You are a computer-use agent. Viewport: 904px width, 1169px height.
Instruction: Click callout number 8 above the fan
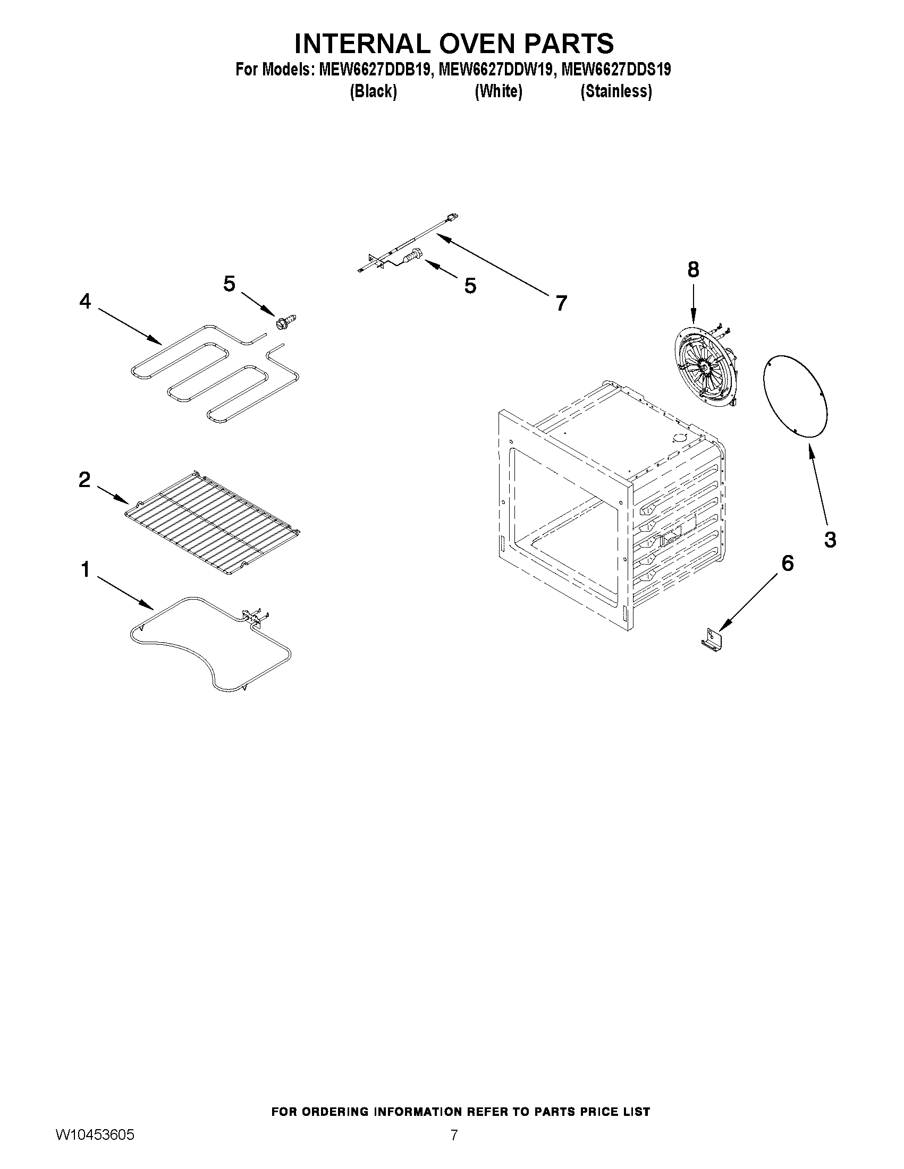(693, 270)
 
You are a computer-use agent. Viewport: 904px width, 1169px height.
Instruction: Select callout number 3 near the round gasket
(830, 540)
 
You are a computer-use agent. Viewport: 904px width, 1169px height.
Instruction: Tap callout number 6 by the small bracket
(787, 563)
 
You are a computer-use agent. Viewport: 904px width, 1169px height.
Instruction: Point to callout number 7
(561, 303)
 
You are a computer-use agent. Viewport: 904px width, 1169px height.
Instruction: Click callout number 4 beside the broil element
(85, 302)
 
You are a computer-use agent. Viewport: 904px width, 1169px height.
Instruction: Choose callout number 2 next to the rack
(85, 480)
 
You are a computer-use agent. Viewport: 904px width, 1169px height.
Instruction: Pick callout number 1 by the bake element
(85, 570)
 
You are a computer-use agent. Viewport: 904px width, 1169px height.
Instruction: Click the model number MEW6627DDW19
(495, 70)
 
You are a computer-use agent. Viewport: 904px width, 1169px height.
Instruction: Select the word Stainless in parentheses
(616, 92)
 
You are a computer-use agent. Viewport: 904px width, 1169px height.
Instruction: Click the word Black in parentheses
(373, 92)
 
